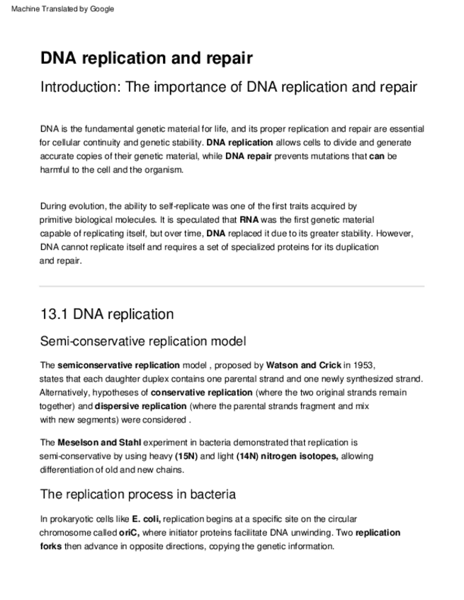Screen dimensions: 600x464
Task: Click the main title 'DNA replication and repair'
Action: tap(147, 58)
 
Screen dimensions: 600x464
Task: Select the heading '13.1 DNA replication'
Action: tap(107, 314)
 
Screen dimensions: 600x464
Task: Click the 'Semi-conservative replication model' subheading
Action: tap(143, 342)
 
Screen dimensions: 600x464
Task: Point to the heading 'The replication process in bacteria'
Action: tap(138, 494)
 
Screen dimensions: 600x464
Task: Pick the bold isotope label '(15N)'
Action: tap(186, 456)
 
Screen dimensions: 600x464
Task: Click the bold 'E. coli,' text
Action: tap(147, 519)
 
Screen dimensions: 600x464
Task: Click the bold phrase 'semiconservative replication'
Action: tap(118, 365)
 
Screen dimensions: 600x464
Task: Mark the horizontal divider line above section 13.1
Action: tap(232, 286)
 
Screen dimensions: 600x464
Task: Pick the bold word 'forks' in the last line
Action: tap(51, 546)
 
